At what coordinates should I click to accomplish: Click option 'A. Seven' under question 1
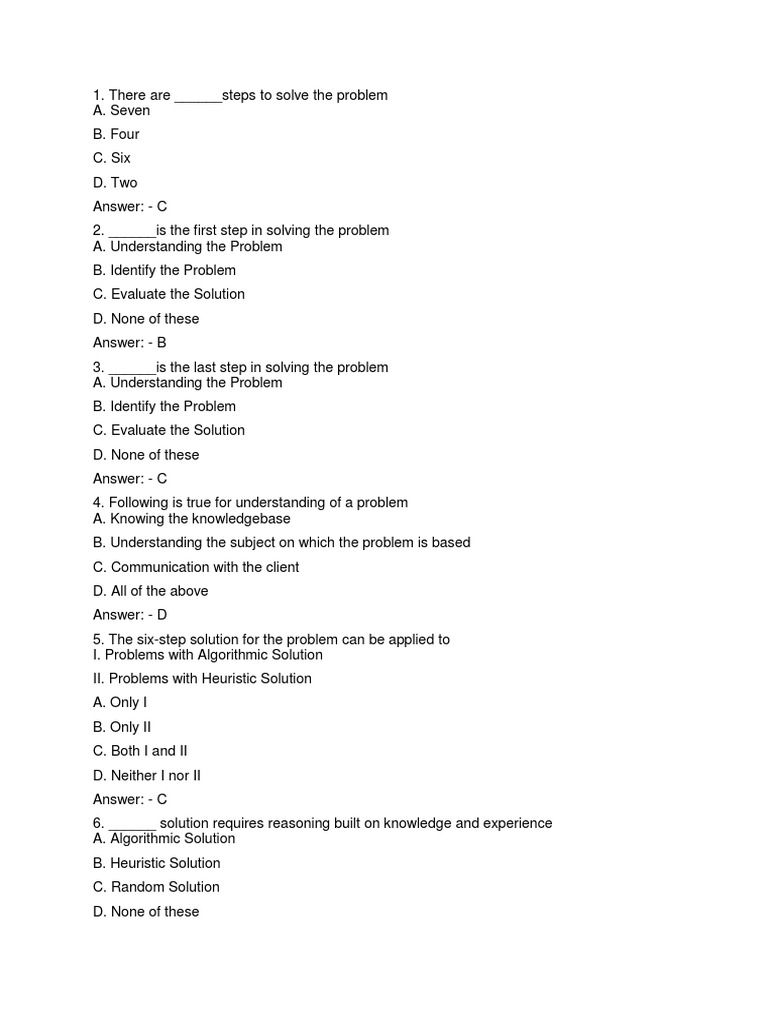(x=121, y=111)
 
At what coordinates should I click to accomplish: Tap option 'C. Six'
(x=112, y=158)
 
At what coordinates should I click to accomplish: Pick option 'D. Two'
(x=115, y=183)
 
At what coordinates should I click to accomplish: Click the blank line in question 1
(x=198, y=97)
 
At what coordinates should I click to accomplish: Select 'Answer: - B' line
(x=130, y=343)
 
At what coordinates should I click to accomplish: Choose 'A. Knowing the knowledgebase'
(x=192, y=519)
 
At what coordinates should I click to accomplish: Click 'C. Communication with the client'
(x=196, y=567)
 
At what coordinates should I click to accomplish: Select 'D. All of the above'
(x=151, y=591)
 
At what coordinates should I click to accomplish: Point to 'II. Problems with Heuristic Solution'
(x=202, y=679)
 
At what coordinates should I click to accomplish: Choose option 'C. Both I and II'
(x=140, y=751)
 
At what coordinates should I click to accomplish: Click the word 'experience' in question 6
(x=518, y=824)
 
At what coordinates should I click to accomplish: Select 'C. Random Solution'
(x=156, y=887)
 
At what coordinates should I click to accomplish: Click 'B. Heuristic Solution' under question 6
(x=157, y=863)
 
